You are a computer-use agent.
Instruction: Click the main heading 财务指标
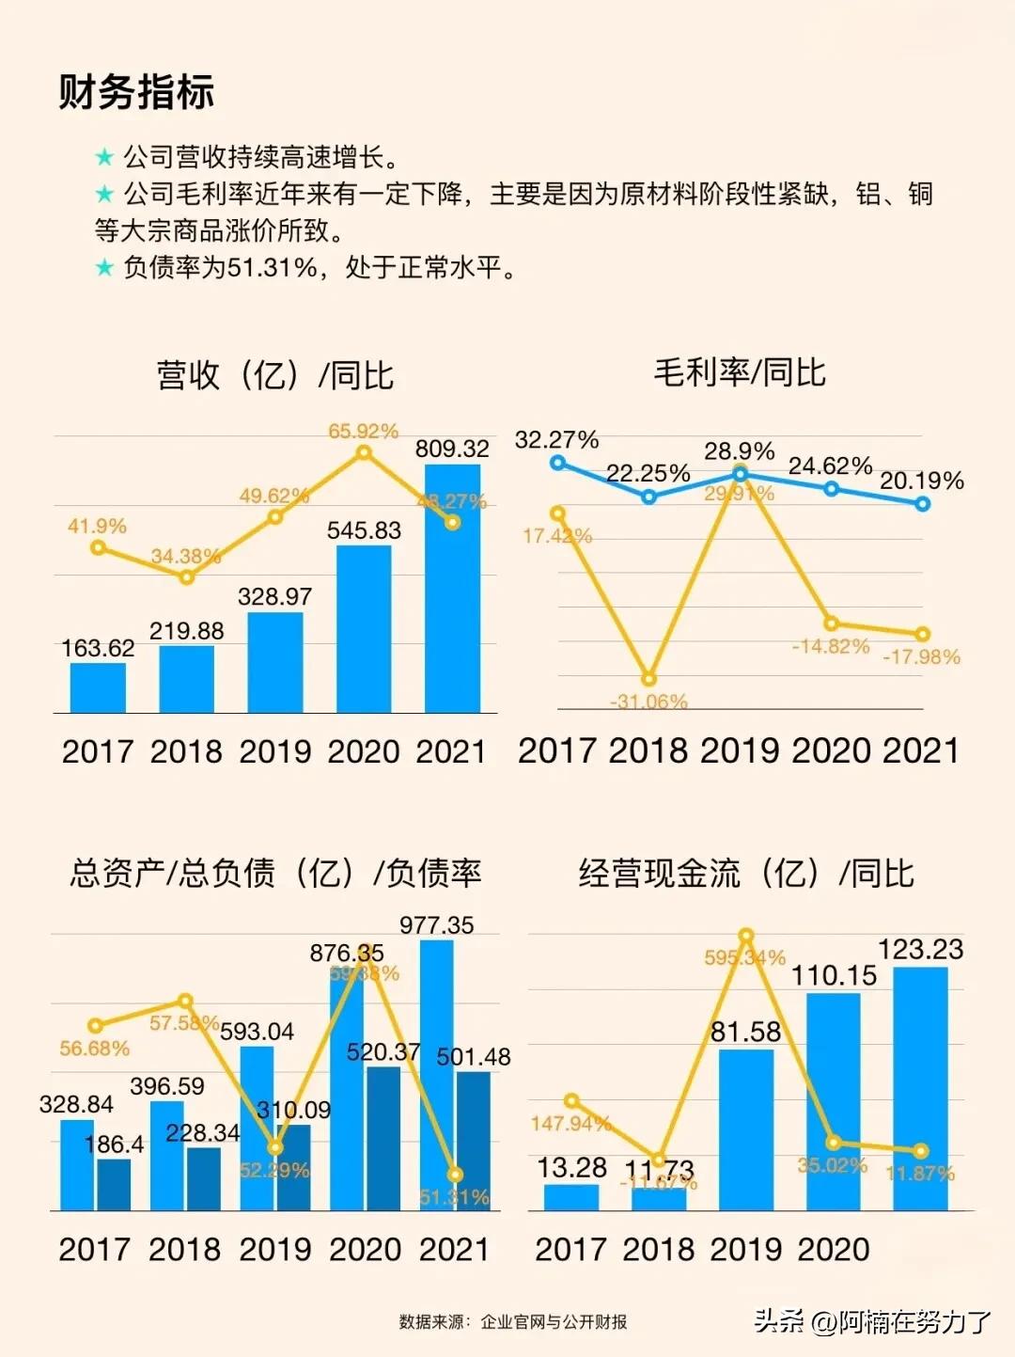(136, 92)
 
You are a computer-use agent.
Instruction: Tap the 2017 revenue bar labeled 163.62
(98, 688)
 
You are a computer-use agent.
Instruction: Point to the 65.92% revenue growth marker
(364, 452)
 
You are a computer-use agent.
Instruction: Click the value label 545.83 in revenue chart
(364, 530)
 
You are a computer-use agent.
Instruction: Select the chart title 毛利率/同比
(739, 372)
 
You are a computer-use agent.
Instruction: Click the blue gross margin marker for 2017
(558, 463)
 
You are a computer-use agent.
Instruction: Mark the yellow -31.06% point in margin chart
(648, 679)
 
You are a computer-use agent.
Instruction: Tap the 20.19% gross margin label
(921, 481)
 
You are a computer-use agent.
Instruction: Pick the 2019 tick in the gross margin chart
(740, 750)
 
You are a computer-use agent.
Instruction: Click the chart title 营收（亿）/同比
(274, 374)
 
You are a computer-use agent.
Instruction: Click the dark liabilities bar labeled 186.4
(114, 1185)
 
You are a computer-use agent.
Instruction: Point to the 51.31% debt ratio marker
(456, 1175)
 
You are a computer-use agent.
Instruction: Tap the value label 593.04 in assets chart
(257, 1032)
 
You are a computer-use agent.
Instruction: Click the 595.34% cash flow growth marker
(746, 936)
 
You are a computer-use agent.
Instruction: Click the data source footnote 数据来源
(513, 1321)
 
